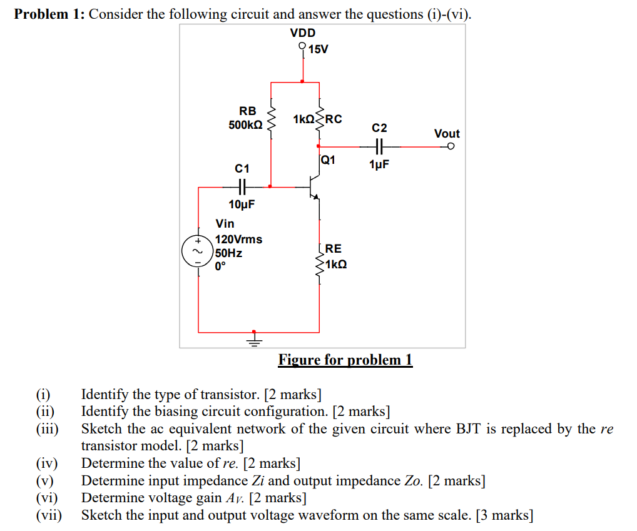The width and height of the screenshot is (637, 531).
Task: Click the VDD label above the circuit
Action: (303, 33)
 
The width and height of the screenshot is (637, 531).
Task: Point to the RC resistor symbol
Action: (320, 118)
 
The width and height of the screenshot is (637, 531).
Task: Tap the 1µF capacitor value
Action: (379, 165)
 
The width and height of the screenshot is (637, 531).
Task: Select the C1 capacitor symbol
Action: (242, 186)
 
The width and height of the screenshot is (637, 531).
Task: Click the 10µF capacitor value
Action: (242, 205)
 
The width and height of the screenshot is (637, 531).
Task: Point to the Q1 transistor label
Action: (329, 159)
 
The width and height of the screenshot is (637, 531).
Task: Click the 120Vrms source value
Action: (238, 239)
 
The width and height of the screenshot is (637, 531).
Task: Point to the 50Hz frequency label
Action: (228, 253)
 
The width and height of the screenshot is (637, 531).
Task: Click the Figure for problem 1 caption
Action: (345, 360)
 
